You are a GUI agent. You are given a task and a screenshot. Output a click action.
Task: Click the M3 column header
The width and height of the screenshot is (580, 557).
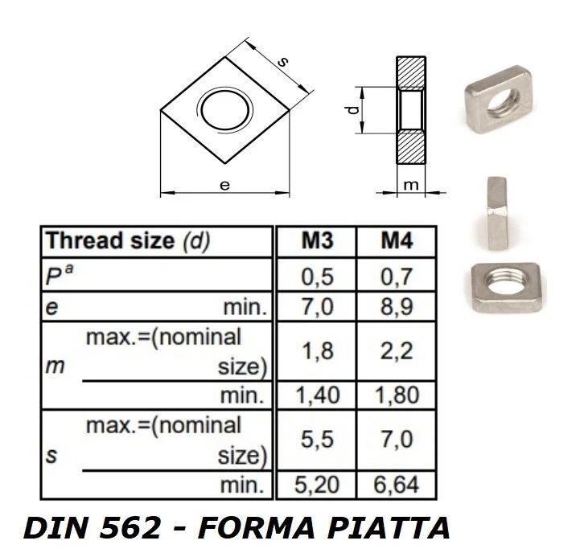(317, 241)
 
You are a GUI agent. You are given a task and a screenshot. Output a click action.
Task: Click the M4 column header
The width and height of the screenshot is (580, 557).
(397, 241)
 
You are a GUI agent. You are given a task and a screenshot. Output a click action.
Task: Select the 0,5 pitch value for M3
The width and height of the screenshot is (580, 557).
(317, 276)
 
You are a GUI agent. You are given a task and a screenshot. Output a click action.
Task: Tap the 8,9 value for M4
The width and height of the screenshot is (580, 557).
(397, 308)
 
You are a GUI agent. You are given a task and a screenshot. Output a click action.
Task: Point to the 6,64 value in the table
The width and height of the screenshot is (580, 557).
(397, 485)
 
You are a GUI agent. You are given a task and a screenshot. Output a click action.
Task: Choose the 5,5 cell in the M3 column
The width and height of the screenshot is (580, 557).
(317, 440)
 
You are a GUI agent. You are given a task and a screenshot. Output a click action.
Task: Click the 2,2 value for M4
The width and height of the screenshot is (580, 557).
(397, 350)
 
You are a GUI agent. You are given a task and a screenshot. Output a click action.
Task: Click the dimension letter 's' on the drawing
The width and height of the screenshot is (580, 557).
(282, 62)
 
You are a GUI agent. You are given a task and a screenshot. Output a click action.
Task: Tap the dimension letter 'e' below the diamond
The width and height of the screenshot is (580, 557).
(225, 185)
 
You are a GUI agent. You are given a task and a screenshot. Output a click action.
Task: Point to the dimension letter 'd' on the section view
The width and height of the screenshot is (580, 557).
(352, 110)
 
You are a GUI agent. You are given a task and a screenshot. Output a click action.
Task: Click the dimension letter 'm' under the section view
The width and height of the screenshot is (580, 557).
(410, 185)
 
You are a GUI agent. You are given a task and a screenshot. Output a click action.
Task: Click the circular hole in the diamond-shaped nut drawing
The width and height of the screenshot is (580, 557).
(225, 109)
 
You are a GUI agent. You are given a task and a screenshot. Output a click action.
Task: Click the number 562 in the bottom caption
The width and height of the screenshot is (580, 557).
(151, 529)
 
